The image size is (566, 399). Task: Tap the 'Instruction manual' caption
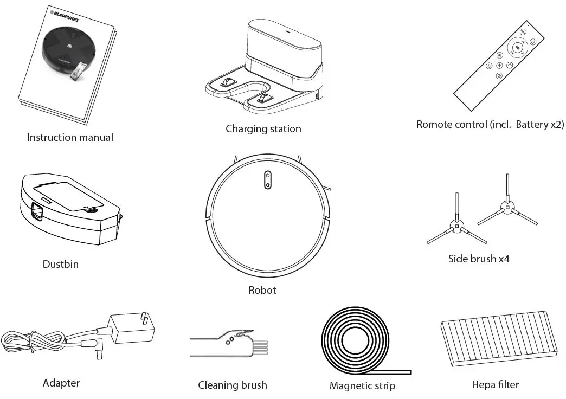(70, 138)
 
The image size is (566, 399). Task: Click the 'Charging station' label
(263, 129)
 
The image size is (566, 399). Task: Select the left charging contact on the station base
(227, 82)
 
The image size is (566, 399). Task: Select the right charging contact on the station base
(266, 98)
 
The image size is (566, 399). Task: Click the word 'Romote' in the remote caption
(433, 124)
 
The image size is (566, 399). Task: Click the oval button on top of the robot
(267, 180)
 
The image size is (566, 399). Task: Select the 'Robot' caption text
(262, 291)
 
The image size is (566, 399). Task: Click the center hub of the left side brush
(456, 227)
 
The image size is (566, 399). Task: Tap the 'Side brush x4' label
(479, 259)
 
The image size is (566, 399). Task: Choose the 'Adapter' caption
(61, 383)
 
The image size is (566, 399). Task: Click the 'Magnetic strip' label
(362, 386)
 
